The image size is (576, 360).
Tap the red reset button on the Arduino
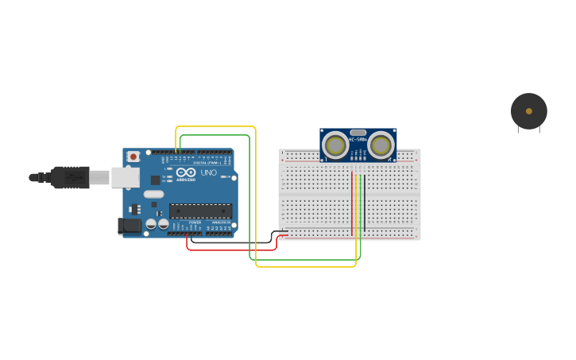tap(133, 157)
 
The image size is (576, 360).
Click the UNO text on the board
tap(208, 172)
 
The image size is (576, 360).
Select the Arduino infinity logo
tap(187, 172)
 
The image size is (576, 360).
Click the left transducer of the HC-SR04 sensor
tap(335, 145)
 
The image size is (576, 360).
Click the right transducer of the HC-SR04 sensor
tap(381, 145)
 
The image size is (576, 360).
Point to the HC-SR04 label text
tap(358, 141)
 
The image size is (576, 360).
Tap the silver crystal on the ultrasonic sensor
tap(358, 133)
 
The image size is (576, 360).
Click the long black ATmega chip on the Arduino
tap(200, 211)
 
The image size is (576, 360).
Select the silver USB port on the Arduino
tap(125, 177)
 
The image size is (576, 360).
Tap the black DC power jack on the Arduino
tap(129, 226)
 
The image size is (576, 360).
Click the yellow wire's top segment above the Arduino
tap(215, 126)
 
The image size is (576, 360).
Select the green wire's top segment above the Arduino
tap(215, 135)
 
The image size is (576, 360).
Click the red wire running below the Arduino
tap(230, 250)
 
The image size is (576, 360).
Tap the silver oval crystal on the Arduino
tap(153, 194)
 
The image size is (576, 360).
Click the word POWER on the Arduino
tap(195, 223)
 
